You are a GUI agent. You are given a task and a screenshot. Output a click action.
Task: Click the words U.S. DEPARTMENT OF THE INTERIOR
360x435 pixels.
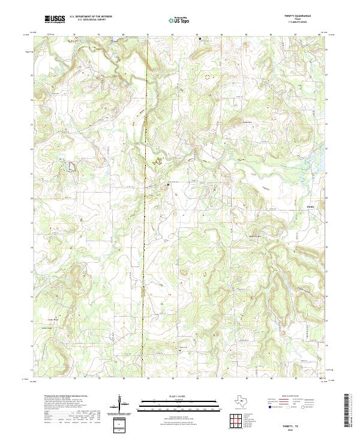(x=91, y=17)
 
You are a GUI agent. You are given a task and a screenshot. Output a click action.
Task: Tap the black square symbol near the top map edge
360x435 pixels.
(x=200, y=38)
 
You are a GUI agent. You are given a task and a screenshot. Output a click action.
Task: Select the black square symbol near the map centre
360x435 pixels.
(x=168, y=185)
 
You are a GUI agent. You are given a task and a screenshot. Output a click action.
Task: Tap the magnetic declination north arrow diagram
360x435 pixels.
(x=121, y=403)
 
